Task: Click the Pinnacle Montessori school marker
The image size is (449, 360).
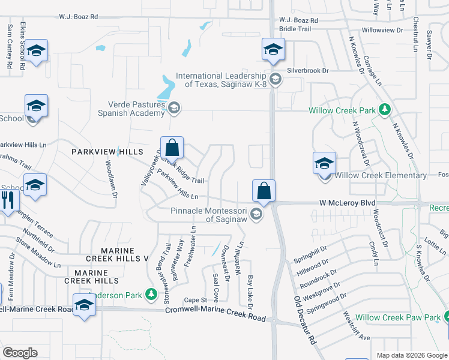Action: [256, 214]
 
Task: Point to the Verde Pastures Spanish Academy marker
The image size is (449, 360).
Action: [174, 108]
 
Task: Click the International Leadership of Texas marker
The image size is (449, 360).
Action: [275, 79]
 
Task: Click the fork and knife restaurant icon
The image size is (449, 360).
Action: [8, 199]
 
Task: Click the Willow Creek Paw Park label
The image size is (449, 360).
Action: [398, 317]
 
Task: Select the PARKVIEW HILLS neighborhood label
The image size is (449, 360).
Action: [107, 152]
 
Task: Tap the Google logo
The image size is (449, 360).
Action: [20, 353]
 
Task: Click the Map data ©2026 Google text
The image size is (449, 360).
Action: [411, 355]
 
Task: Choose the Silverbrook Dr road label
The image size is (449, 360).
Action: [309, 70]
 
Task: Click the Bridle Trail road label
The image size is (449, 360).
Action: [295, 28]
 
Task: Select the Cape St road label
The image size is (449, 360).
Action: [195, 300]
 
